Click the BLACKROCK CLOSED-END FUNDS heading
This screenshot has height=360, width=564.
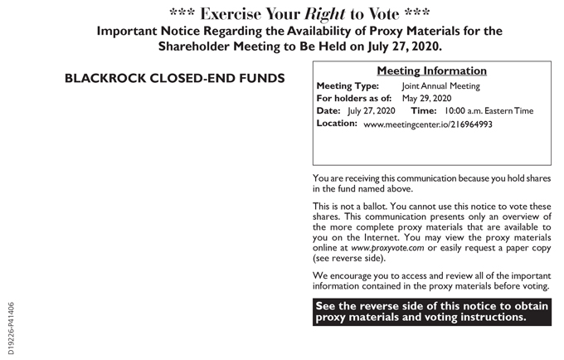(x=174, y=79)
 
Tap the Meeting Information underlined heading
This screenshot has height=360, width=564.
(x=431, y=71)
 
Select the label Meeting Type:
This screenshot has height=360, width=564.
(x=348, y=85)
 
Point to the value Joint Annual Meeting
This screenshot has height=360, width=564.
(x=440, y=85)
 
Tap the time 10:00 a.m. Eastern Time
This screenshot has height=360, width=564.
(x=488, y=110)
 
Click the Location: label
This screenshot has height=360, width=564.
(x=337, y=124)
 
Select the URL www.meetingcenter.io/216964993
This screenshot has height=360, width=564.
(x=427, y=124)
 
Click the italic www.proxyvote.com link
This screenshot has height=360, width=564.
(x=387, y=247)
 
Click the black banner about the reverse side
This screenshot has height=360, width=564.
(x=431, y=311)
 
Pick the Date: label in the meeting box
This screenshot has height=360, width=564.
(x=328, y=110)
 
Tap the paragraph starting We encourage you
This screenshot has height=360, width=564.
(x=431, y=281)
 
